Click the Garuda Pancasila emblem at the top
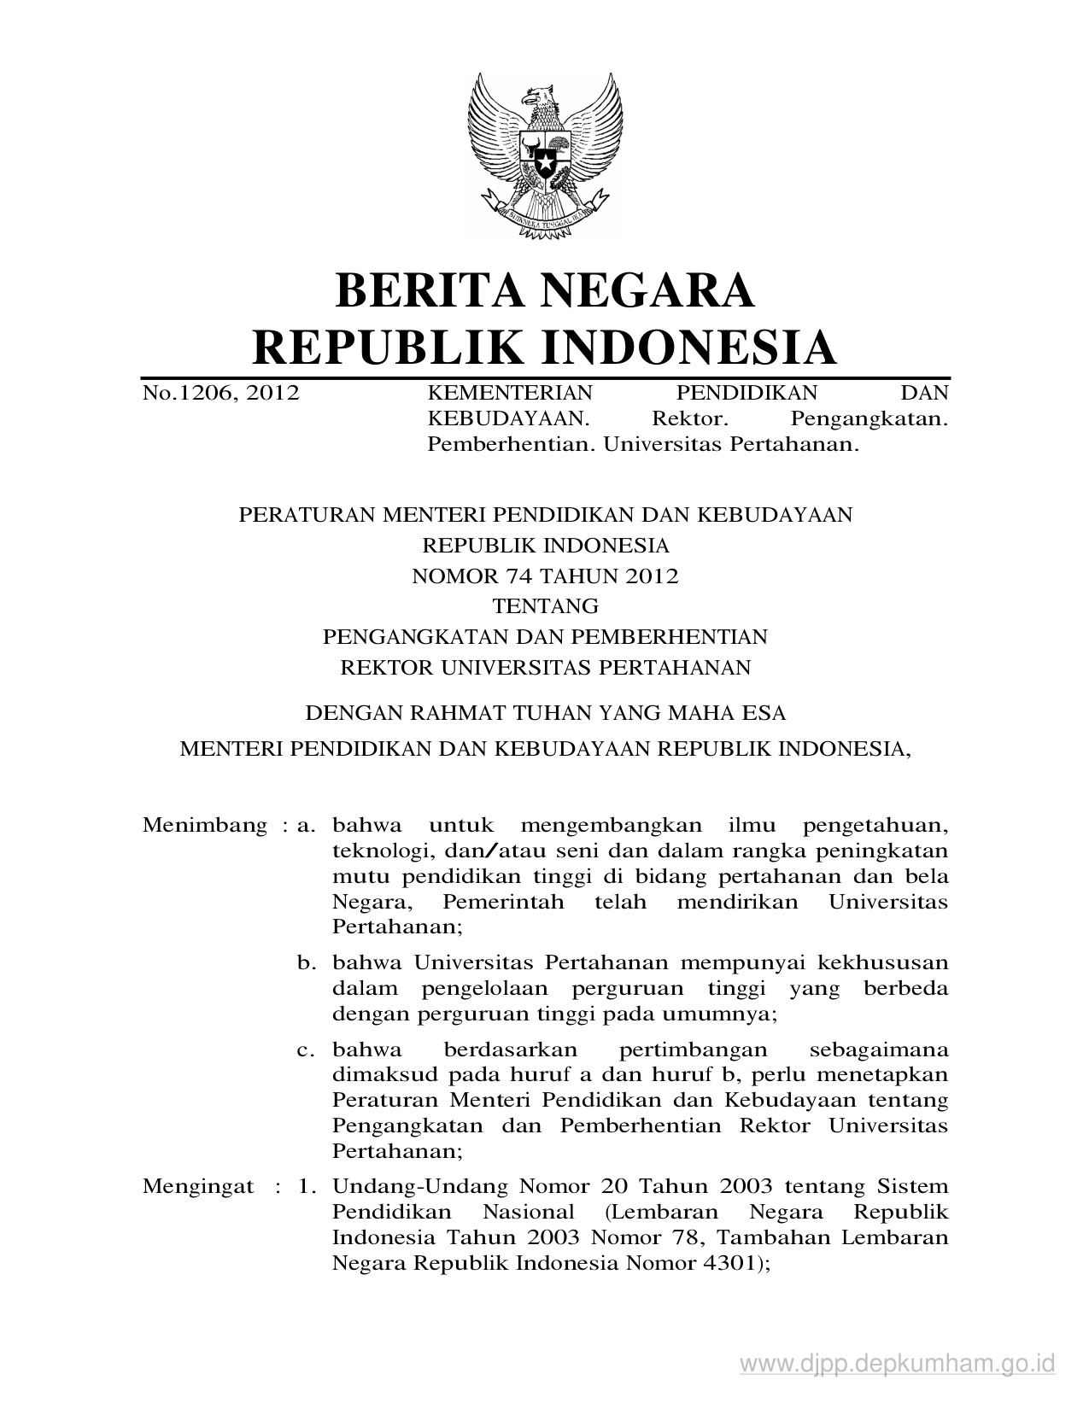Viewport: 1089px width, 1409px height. tap(543, 151)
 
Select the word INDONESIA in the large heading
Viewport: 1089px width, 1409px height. tap(690, 348)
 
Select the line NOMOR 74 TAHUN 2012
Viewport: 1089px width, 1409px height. tap(545, 576)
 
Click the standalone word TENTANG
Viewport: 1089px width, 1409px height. tap(545, 606)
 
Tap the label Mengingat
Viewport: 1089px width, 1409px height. tap(198, 1186)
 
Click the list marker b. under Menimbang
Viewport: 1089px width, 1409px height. tap(307, 963)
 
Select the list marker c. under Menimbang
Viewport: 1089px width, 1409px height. tap(307, 1049)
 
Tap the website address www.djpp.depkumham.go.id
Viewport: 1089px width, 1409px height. tap(898, 1364)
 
